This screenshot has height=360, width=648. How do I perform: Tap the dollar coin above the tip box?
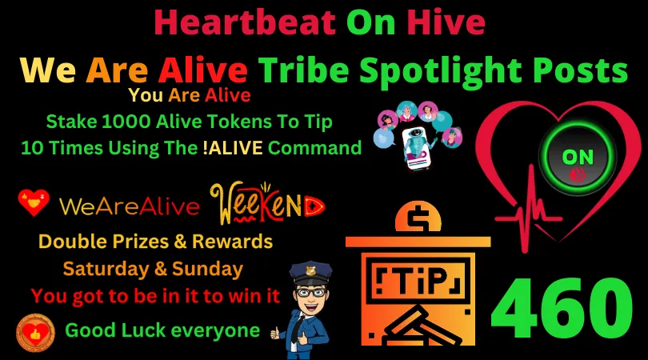416,218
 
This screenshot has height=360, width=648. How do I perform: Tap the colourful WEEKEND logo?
267,205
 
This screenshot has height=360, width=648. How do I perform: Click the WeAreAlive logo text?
129,207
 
